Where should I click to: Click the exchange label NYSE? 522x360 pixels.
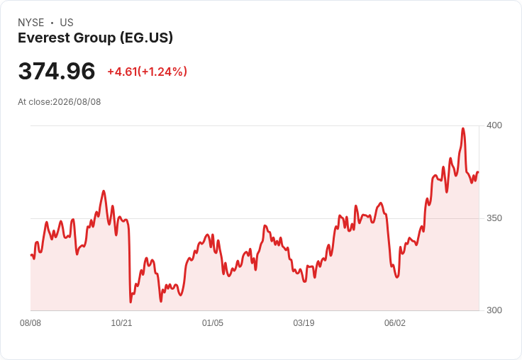tap(31, 23)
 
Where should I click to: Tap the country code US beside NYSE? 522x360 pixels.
tap(67, 23)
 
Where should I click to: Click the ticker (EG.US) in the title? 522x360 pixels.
tap(147, 38)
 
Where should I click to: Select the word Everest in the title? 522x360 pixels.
tap(43, 38)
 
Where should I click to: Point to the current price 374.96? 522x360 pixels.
tap(57, 71)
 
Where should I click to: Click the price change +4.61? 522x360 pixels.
tap(122, 72)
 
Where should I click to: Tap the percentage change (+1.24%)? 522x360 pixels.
tap(162, 72)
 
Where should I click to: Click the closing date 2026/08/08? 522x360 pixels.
tap(77, 102)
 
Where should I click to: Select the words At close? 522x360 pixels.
tap(34, 102)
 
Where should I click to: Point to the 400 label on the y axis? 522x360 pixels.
tap(494, 125)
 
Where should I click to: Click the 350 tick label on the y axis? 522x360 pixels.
tap(494, 218)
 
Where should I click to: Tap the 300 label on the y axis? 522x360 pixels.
tap(494, 310)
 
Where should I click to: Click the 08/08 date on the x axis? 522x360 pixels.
tap(30, 323)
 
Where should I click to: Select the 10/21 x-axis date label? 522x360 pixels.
tap(121, 323)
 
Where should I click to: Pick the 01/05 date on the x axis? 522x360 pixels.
tap(212, 323)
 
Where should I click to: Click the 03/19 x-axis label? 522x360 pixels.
tap(304, 323)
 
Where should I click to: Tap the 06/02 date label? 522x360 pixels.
tap(395, 323)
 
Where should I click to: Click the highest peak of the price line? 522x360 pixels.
tap(463, 128)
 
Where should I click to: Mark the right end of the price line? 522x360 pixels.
tap(478, 172)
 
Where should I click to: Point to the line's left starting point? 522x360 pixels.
tap(31, 255)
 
